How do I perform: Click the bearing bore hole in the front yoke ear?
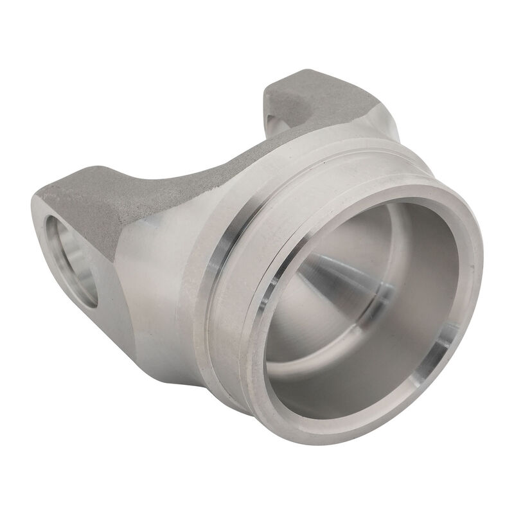pyautogui.click(x=69, y=257)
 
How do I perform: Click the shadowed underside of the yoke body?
pyautogui.click(x=167, y=360)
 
